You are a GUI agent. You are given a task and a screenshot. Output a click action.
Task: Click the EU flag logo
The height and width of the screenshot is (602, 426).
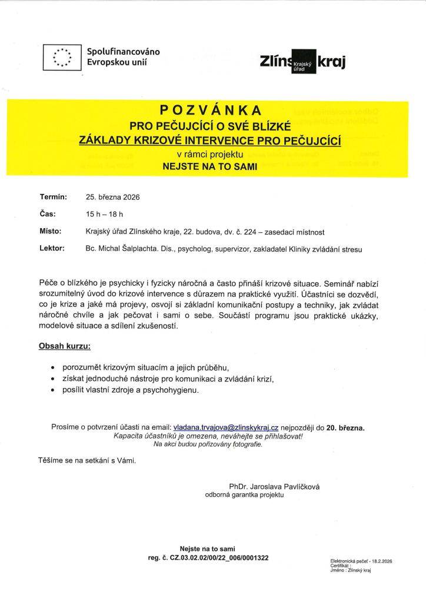(62, 57)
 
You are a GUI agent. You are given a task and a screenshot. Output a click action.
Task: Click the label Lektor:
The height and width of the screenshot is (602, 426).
(52, 249)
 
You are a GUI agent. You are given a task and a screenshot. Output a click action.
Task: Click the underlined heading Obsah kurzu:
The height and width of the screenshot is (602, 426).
(65, 346)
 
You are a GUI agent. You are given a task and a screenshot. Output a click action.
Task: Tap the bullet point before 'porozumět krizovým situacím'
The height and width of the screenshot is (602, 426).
(54, 368)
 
